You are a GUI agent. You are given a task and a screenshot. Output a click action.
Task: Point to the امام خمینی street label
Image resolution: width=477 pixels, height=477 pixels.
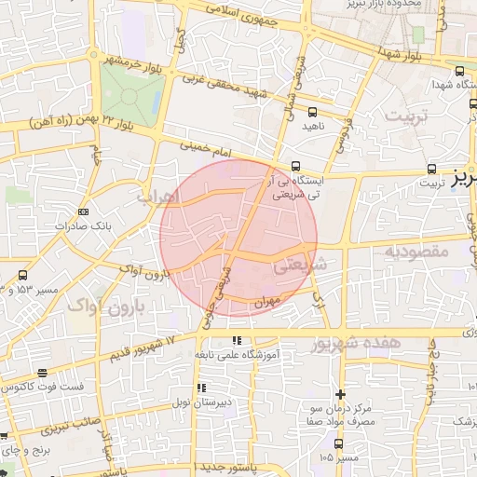pos(195,146)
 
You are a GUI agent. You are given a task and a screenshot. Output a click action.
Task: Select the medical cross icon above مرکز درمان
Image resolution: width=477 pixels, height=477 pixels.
pos(340,395)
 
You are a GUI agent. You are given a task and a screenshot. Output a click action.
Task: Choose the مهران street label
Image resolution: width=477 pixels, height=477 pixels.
pos(265,303)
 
